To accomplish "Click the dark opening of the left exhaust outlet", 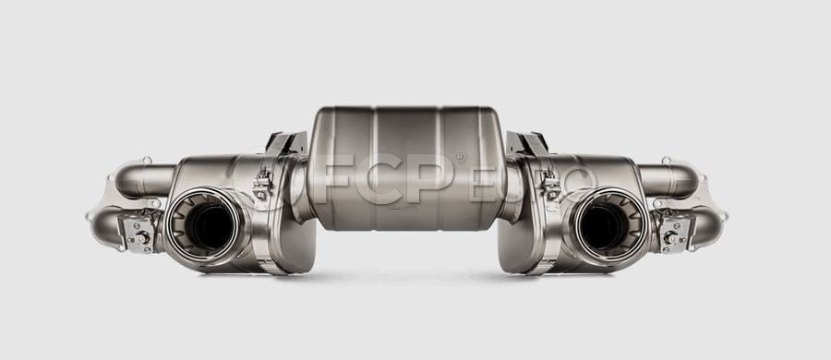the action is tap(211, 227).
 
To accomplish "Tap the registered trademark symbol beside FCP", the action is tap(460, 157).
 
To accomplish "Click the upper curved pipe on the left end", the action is tap(142, 180).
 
